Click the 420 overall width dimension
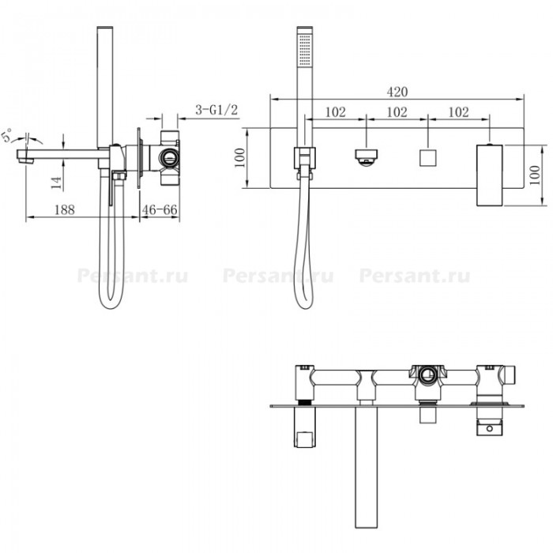click(x=397, y=92)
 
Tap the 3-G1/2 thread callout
click(x=216, y=110)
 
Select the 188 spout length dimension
click(x=65, y=210)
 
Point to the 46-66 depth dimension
click(x=160, y=210)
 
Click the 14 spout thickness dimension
click(x=56, y=182)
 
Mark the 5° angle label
click(x=6, y=135)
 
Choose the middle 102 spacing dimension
click(x=397, y=112)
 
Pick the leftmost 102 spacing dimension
click(x=336, y=112)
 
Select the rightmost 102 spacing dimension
click(x=458, y=112)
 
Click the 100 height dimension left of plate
click(x=239, y=158)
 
